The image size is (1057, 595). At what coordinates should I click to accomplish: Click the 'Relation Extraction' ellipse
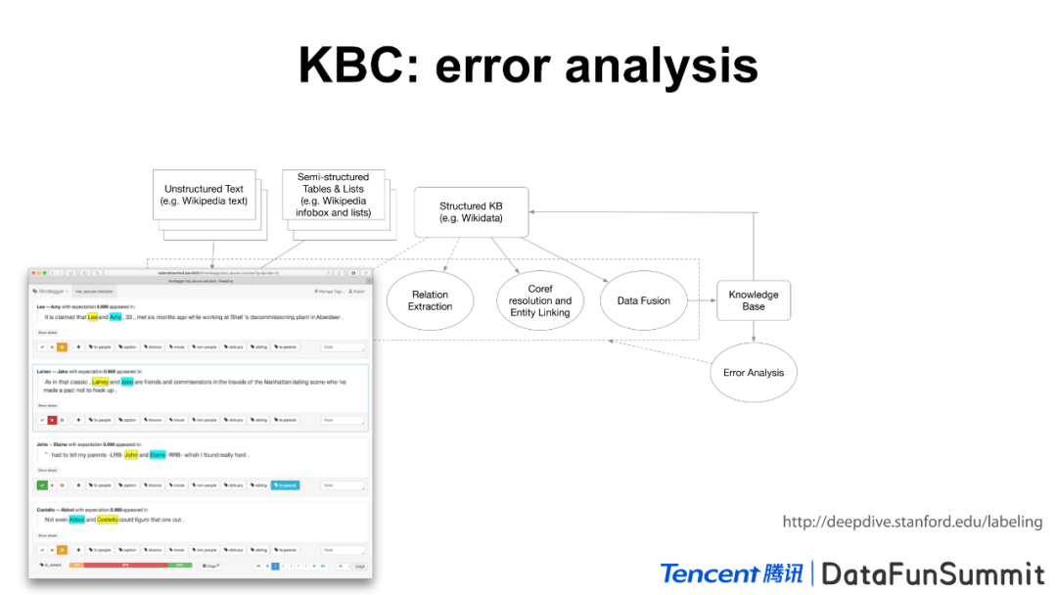(430, 300)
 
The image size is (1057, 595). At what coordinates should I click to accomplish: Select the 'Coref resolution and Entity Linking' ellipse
(540, 300)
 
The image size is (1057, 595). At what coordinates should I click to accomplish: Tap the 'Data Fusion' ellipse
(643, 300)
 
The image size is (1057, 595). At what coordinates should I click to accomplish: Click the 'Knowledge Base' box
(754, 300)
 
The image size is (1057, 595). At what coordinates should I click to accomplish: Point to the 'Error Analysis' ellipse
(753, 372)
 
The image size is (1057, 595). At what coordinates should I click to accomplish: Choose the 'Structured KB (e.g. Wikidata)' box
(471, 212)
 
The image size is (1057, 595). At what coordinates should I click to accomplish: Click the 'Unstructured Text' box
(204, 195)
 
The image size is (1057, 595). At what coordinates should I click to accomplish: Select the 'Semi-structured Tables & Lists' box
(333, 195)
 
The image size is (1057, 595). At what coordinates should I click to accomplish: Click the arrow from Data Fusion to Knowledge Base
(701, 300)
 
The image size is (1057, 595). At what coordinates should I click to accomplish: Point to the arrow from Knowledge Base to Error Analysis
(754, 330)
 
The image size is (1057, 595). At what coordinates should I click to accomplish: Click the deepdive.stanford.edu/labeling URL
(912, 522)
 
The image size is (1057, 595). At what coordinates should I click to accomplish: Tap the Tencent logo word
(710, 572)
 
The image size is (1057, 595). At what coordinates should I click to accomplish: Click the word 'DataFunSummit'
(933, 572)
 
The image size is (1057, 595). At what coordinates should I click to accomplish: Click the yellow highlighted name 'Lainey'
(100, 382)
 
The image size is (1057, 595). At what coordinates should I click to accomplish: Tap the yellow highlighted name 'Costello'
(107, 520)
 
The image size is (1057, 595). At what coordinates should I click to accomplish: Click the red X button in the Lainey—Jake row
(52, 419)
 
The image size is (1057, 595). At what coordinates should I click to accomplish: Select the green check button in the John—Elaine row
(42, 484)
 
